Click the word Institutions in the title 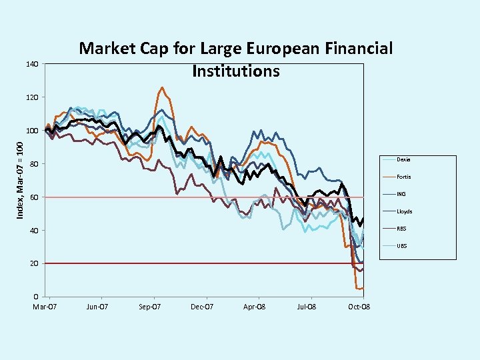pos(235,71)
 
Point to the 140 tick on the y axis pos(31,64)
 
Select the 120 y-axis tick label pos(31,97)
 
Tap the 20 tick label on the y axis pos(33,264)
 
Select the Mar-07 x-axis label pos(45,307)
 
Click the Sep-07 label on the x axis pos(149,307)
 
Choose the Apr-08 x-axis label pos(254,307)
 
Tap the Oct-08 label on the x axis pos(359,307)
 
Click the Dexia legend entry pos(403,160)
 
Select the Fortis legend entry pos(403,177)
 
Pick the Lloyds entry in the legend pos(404,211)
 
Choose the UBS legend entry pos(402,246)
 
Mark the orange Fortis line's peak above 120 pos(162,87)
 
